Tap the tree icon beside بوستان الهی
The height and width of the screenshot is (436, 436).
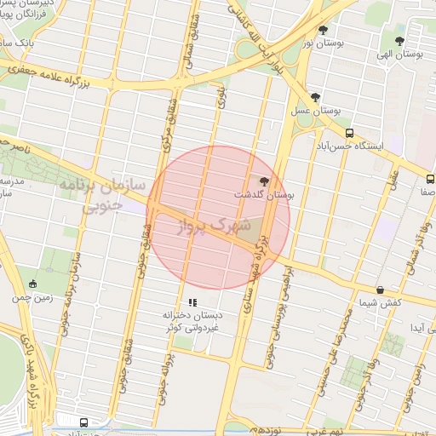pyautogui.click(x=399, y=40)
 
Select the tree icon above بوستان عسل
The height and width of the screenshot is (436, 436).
pyautogui.click(x=316, y=97)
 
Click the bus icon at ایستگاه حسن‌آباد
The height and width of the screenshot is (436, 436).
pyautogui.click(x=350, y=133)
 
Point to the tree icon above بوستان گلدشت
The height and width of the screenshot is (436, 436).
pyautogui.click(x=264, y=181)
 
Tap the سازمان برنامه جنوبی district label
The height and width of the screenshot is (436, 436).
pyautogui.click(x=100, y=193)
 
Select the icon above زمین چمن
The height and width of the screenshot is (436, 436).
pyautogui.click(x=33, y=284)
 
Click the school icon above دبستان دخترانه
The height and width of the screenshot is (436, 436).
pyautogui.click(x=193, y=301)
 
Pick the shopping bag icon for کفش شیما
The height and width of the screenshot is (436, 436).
pyautogui.click(x=380, y=290)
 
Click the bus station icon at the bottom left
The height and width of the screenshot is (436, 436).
pyautogui.click(x=83, y=422)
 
